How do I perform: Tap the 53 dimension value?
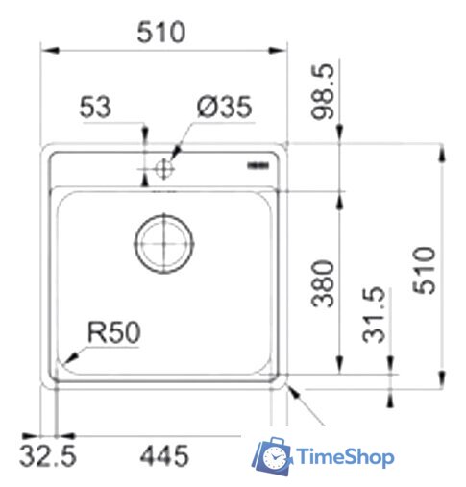point(96,108)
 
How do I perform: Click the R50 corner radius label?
point(114,332)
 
